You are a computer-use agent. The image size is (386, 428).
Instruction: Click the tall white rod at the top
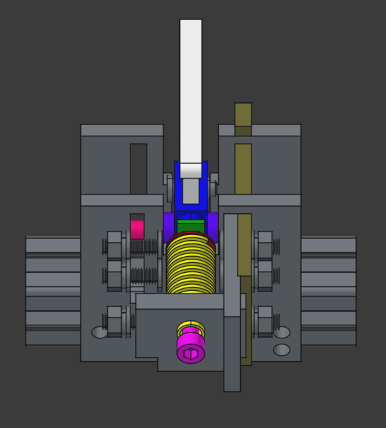[191, 87]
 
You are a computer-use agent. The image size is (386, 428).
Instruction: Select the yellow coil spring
[191, 267]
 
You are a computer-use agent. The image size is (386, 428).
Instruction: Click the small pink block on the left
[137, 229]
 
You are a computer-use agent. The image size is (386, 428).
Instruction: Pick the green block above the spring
[191, 225]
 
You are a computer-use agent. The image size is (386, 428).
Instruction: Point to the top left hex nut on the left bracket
[114, 245]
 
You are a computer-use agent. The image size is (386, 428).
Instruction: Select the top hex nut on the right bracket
[265, 245]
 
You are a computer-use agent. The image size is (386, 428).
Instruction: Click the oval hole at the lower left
[100, 332]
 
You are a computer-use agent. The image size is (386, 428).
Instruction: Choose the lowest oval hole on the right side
[282, 349]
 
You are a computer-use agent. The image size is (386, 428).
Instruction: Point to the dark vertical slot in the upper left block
[138, 167]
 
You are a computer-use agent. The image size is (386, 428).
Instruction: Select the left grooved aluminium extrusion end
[52, 291]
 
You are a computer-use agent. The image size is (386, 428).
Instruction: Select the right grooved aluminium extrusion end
[328, 291]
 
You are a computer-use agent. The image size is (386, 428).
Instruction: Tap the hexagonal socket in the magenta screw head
[191, 352]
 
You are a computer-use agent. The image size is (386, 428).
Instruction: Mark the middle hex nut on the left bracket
[114, 274]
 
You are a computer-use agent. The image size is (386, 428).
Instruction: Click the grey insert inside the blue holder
[191, 191]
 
